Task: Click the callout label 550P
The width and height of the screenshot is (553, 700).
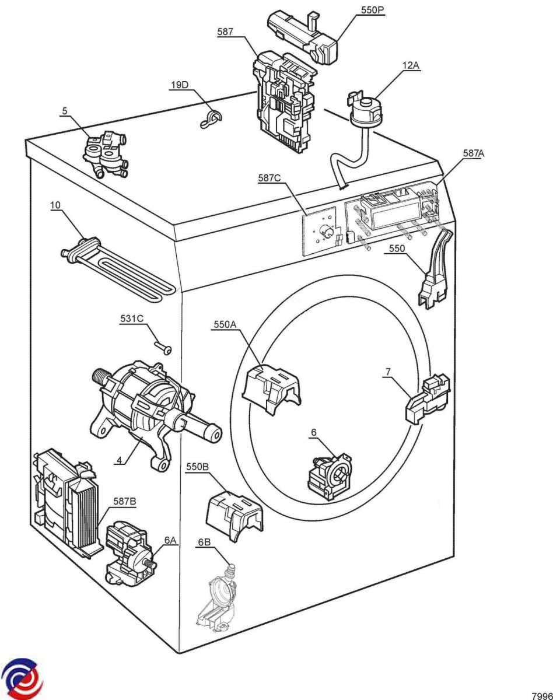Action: pyautogui.click(x=373, y=10)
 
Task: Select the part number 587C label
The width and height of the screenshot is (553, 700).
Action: pyautogui.click(x=269, y=178)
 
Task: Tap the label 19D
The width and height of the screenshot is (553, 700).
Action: pyautogui.click(x=180, y=85)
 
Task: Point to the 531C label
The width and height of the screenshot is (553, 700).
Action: pyautogui.click(x=132, y=318)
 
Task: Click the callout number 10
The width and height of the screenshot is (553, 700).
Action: pyautogui.click(x=55, y=205)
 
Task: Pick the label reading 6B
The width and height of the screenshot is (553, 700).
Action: pyautogui.click(x=204, y=542)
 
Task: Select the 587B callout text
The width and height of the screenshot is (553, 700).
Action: pyautogui.click(x=124, y=501)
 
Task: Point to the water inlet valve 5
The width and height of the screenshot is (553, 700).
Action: pyautogui.click(x=106, y=153)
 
